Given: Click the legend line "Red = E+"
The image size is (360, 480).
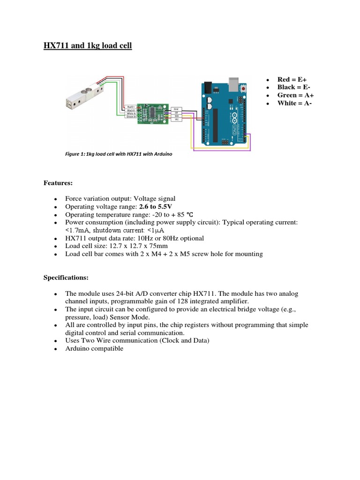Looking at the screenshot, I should pos(292,79).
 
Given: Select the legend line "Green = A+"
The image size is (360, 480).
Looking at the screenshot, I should pos(293,95).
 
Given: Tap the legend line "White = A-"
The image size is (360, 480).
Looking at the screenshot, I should pos(293,103).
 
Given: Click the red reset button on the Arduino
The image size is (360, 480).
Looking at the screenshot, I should pos(243,88).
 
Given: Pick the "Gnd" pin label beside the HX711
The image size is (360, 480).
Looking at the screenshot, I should pos(177,108).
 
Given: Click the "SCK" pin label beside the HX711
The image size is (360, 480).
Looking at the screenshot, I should pos(177,116).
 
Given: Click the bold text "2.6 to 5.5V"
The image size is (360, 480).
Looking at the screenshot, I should pos(156,206).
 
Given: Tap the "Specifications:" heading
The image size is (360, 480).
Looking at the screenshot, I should pos(66,277).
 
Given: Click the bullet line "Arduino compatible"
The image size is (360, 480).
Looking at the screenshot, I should pos(94,349).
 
